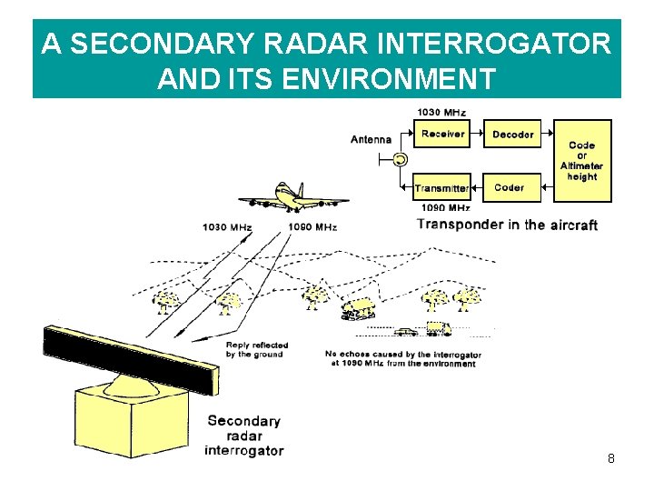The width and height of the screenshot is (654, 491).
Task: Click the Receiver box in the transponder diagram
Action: point(442,135)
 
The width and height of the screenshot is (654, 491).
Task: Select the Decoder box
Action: point(512,135)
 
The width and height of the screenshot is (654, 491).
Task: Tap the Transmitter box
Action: point(441,188)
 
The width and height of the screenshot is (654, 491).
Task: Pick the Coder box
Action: point(510,188)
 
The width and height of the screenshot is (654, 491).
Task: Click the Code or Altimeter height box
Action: point(581,160)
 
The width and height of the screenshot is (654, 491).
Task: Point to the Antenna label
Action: point(371,140)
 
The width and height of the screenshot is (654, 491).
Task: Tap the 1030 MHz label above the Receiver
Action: point(441,113)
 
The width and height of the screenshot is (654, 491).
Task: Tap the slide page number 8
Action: point(611,458)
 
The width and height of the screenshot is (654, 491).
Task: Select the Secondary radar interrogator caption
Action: point(243,436)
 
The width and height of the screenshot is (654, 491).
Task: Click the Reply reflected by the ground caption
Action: point(257,350)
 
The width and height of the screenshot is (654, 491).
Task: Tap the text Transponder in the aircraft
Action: point(507,225)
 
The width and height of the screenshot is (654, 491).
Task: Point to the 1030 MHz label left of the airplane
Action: point(226,226)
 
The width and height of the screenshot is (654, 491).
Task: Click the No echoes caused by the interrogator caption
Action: point(402,358)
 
